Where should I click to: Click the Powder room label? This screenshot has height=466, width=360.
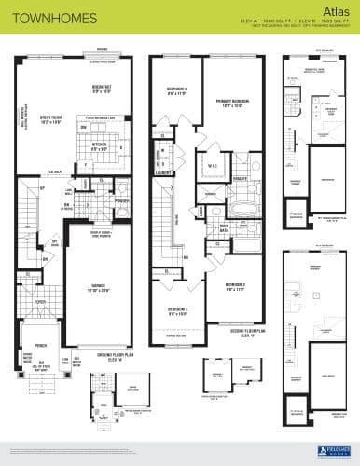point(121,199)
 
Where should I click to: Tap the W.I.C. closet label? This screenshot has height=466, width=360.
point(213,168)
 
